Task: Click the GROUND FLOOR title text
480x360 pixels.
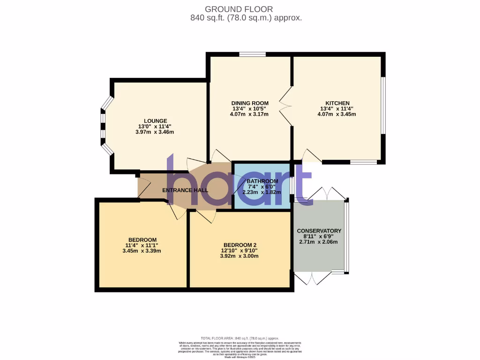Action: click(x=239, y=9)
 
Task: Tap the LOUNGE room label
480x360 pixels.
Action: click(x=155, y=121)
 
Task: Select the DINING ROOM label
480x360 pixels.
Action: click(x=250, y=103)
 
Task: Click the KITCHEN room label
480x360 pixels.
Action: click(x=337, y=103)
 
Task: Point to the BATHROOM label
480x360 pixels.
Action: click(x=262, y=181)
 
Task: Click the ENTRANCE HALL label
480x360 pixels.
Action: click(x=185, y=190)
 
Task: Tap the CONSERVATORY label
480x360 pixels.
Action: click(x=319, y=231)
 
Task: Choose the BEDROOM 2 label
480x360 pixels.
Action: click(x=240, y=245)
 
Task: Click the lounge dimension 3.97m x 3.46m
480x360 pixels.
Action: click(x=155, y=132)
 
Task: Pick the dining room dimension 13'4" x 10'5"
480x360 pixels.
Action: click(x=250, y=109)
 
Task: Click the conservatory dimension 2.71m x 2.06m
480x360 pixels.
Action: click(x=318, y=242)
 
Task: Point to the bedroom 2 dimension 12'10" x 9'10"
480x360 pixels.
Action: click(x=240, y=250)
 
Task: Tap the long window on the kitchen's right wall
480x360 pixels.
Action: click(x=383, y=105)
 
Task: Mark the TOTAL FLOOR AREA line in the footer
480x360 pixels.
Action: click(x=240, y=338)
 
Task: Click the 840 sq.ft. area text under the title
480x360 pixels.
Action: click(x=246, y=18)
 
